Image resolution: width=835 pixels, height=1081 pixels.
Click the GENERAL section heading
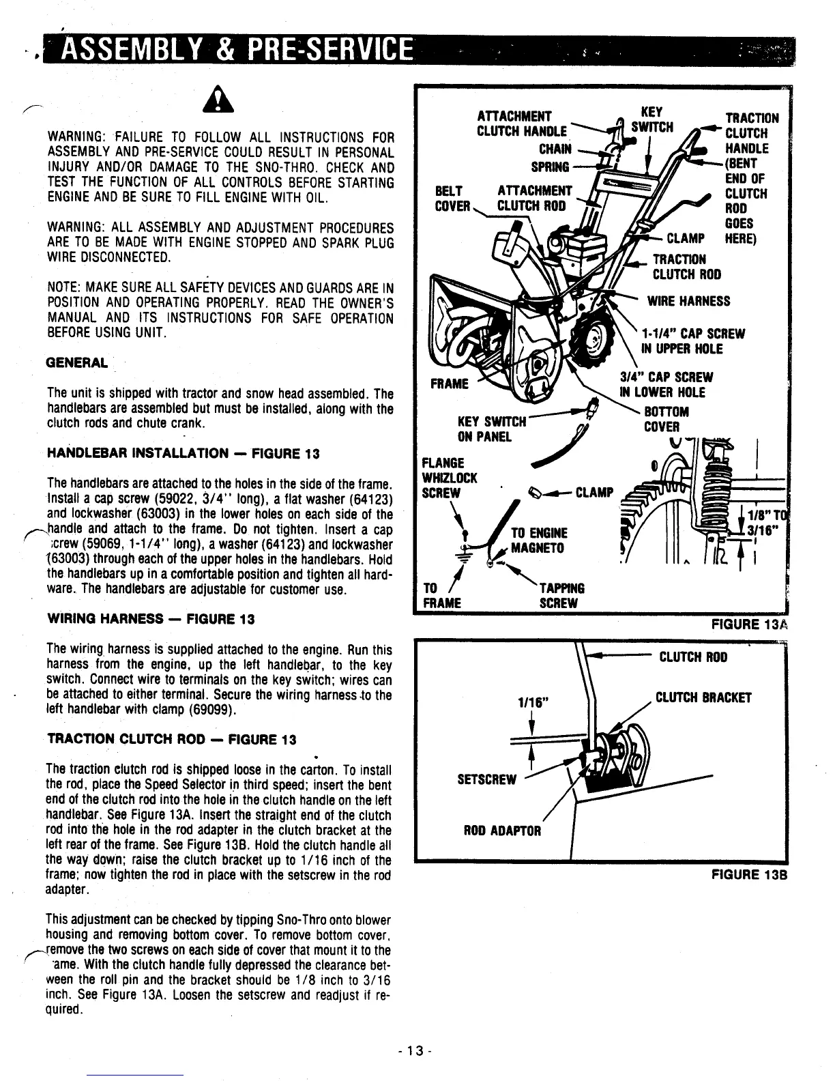76,363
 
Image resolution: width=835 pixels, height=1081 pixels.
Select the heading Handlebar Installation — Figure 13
184,454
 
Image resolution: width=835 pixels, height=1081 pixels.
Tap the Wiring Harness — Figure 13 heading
151,619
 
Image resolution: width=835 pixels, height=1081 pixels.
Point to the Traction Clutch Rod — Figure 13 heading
172,740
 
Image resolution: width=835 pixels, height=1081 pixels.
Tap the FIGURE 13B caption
749,874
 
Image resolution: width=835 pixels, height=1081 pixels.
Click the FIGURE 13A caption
749,624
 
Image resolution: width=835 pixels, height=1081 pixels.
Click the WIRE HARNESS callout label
688,301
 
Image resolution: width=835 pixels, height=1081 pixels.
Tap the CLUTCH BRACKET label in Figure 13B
703,697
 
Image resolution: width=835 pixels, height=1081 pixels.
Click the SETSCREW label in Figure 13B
487,779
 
